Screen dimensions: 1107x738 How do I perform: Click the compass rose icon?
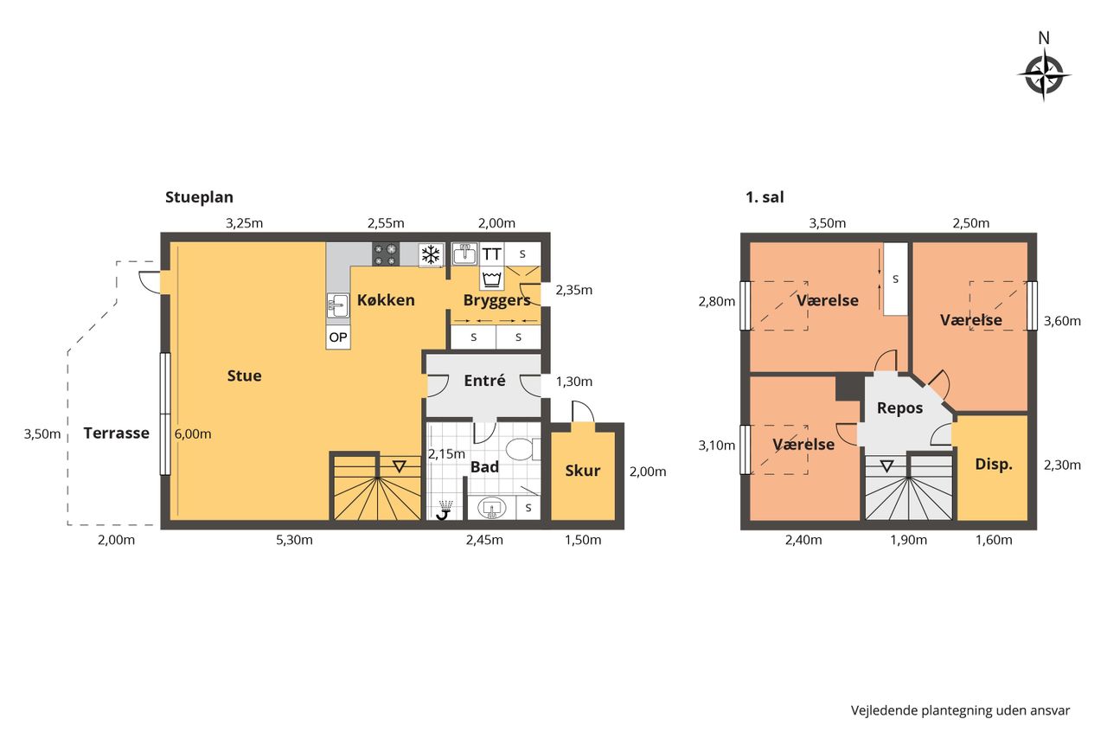coord(1044,75)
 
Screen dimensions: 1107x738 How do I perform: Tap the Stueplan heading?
coord(199,197)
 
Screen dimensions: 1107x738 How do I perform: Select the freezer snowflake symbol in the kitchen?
coord(431,254)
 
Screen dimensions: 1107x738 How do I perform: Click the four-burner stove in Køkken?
coord(386,254)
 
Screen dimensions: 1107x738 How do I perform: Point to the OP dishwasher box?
coord(338,337)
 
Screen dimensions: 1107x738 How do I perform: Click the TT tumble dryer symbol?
coord(492,254)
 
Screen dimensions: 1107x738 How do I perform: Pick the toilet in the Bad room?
coord(523,449)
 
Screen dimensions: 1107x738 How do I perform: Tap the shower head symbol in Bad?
coord(445,510)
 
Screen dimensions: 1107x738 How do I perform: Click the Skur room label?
coord(583,471)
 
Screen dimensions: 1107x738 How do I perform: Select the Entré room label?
coord(484,381)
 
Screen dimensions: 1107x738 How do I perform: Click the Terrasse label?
coord(116,433)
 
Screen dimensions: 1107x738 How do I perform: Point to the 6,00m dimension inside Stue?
coord(193,434)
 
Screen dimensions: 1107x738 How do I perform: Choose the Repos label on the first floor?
coord(900,408)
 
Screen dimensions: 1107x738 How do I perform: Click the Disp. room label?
coord(994,464)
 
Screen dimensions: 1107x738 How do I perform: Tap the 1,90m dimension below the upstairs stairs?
coord(908,540)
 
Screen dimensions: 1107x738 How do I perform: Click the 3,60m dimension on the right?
coord(1062,321)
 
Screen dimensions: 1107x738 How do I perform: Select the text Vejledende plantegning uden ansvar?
coord(960,710)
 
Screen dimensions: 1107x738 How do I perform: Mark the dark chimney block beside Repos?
coord(849,388)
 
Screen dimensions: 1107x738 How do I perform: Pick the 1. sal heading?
coord(765,197)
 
